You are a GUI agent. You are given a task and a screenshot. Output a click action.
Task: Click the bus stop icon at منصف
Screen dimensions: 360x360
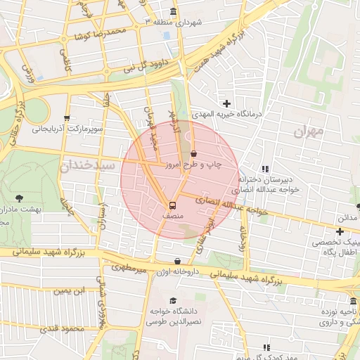pyautogui.click(x=172, y=206)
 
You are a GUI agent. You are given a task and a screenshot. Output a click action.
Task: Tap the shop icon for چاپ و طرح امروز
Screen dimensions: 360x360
pyautogui.click(x=193, y=153)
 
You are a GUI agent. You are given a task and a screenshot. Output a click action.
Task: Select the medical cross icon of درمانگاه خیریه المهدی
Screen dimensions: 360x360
pyautogui.click(x=226, y=103)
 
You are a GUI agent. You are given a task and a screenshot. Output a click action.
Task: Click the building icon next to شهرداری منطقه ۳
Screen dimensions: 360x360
pyautogui.click(x=174, y=13)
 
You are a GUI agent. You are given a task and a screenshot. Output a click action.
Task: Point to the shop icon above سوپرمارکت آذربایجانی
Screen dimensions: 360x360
pyautogui.click(x=67, y=118)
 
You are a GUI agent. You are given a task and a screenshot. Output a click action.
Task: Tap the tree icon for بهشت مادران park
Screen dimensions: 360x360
pyautogui.click(x=18, y=198)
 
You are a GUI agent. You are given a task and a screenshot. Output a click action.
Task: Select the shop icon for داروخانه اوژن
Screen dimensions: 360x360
pyautogui.click(x=167, y=260)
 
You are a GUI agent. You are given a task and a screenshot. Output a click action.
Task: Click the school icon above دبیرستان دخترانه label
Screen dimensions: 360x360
pyautogui.click(x=265, y=169)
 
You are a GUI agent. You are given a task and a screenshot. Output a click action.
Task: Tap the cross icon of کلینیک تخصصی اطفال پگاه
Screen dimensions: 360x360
pyautogui.click(x=340, y=231)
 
